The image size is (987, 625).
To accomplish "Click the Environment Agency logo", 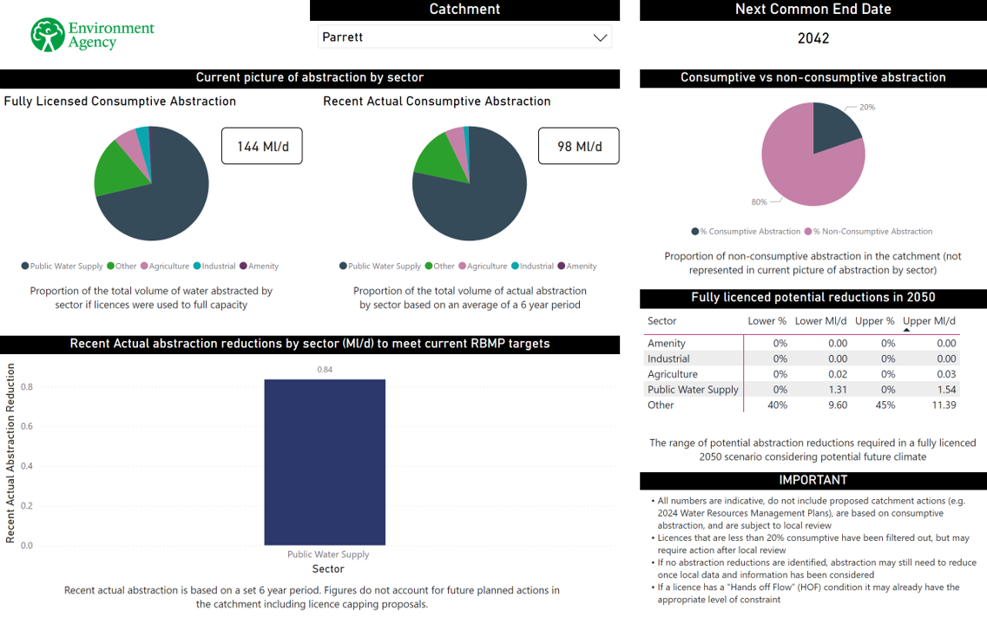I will [x=92, y=35].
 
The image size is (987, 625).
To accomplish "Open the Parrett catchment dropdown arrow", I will [x=599, y=37].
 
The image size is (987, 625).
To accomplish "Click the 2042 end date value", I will [x=813, y=38].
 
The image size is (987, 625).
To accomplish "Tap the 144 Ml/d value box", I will [x=261, y=146].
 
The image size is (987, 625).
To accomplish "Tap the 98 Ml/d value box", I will [x=579, y=146].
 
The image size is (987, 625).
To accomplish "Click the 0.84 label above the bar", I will [x=325, y=370].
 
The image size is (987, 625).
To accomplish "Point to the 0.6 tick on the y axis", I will [x=27, y=426].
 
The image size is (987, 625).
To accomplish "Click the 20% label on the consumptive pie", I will [x=867, y=108].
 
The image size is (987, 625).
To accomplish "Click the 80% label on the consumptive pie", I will [x=759, y=202].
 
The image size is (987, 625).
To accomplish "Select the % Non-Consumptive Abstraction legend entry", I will [x=868, y=232].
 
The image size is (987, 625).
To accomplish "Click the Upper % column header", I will [x=875, y=321].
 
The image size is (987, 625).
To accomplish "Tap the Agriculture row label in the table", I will [x=673, y=374].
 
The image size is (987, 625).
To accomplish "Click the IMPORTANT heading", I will [x=813, y=480].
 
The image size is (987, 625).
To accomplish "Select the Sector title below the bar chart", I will [x=328, y=569].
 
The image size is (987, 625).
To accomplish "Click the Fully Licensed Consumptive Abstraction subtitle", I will [x=120, y=102].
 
